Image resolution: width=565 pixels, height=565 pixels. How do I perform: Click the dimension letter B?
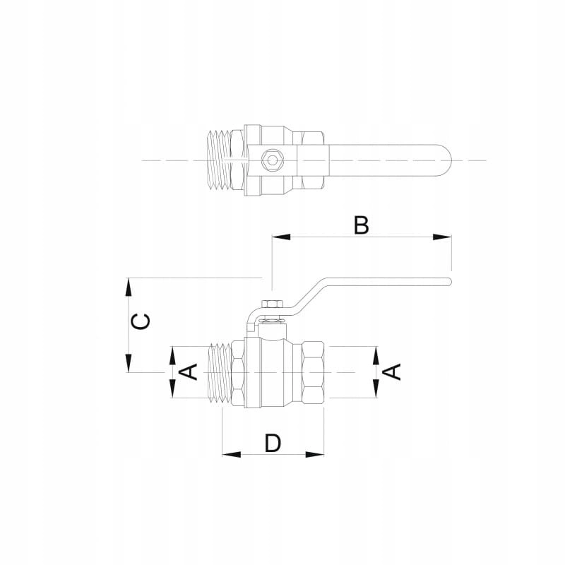tap(362, 225)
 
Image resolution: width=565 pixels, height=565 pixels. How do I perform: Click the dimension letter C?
tap(140, 321)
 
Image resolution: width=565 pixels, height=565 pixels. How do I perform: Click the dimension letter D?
tap(273, 443)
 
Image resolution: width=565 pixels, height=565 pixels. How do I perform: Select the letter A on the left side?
tap(189, 372)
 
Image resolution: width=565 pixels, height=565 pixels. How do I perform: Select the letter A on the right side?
tap(392, 372)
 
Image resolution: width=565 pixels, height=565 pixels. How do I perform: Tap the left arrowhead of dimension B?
tap(281, 237)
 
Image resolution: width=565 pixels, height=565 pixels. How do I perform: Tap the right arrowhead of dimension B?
tap(442, 237)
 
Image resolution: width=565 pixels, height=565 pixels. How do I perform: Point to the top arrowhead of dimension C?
tap(129, 287)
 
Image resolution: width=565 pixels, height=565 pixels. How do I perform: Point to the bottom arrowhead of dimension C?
tap(129, 363)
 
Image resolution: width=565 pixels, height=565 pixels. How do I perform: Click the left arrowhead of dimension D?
tap(232, 454)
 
